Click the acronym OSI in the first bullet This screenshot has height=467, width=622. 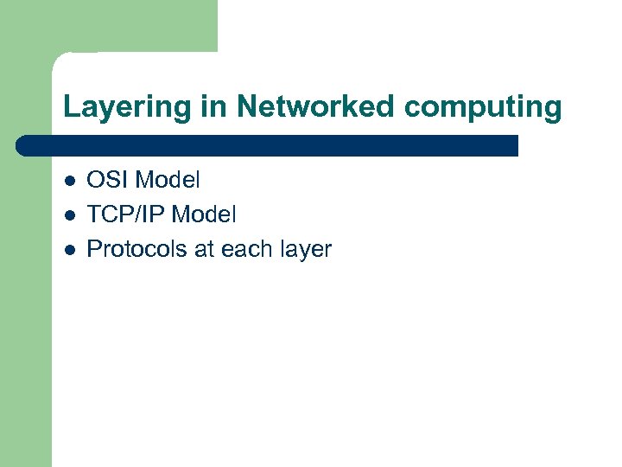click(x=109, y=180)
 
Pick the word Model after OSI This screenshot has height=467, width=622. click(x=168, y=180)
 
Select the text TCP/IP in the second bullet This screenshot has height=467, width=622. click(x=124, y=214)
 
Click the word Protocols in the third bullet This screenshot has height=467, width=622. click(x=136, y=249)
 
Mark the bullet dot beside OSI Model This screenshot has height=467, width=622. click(x=68, y=181)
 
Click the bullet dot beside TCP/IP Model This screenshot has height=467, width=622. click(x=68, y=215)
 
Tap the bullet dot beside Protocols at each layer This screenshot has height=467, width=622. click(x=68, y=250)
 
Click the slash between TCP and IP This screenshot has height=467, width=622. click(x=130, y=214)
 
